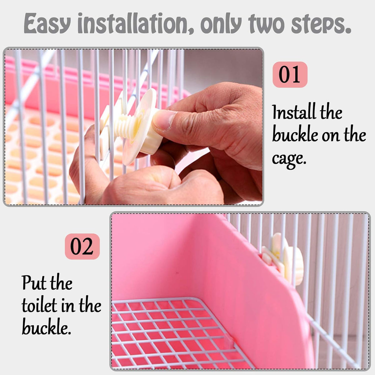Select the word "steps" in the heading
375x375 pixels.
321,24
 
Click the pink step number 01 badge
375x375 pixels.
290,74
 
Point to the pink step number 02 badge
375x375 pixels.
82,246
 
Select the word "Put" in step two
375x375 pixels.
34,282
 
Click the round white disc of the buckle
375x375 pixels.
139,127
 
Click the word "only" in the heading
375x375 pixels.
221,24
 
